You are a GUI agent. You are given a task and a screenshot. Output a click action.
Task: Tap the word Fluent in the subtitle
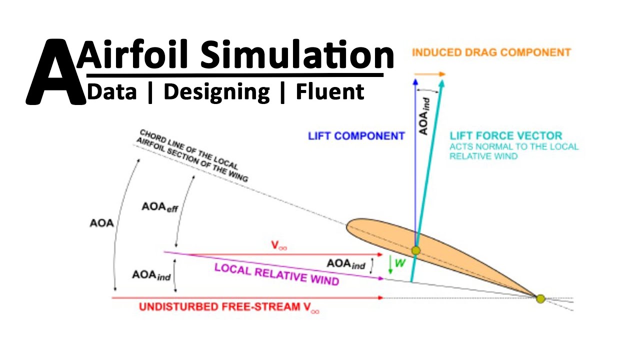[330, 92]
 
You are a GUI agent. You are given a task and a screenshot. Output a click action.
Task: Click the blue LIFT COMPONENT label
[356, 136]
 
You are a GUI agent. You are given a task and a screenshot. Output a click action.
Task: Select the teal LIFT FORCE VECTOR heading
[505, 135]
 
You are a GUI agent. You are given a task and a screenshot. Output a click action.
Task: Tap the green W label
[400, 262]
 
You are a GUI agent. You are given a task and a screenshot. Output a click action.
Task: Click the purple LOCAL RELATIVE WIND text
[276, 274]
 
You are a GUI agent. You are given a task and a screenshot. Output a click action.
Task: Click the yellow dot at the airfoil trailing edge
[540, 298]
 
